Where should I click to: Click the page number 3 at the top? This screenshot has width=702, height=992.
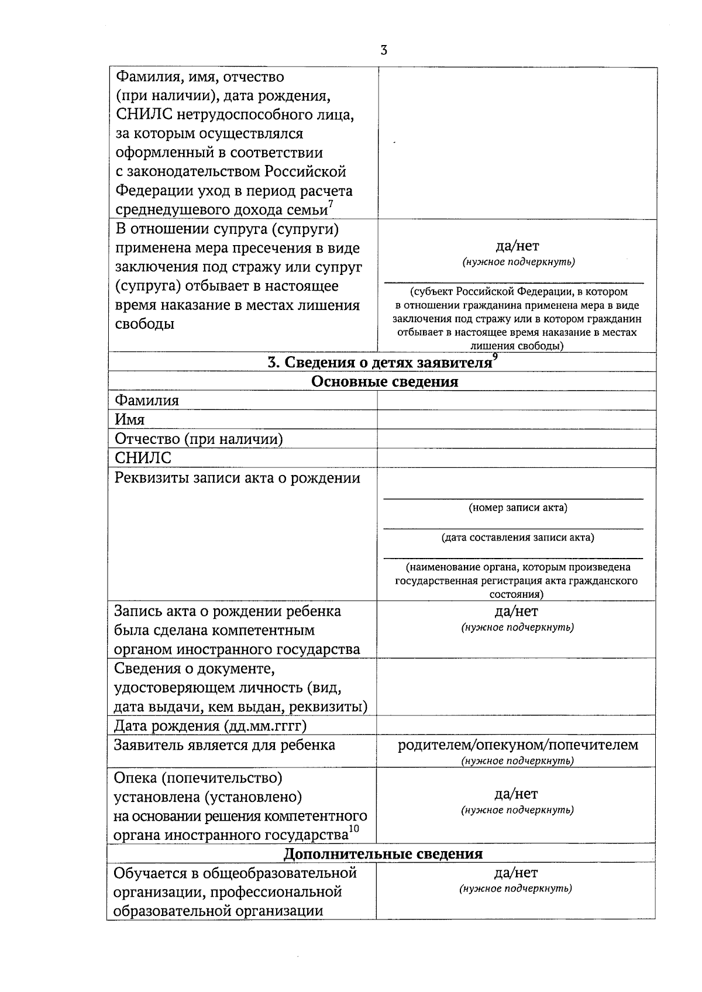point(384,50)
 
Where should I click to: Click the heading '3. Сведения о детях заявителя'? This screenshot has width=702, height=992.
point(379,363)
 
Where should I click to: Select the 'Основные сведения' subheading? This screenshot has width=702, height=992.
point(384,382)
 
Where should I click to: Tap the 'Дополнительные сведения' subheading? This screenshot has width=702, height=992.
point(383,854)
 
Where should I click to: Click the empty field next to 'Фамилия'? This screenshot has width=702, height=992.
point(516,401)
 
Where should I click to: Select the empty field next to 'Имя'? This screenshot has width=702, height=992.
point(516,419)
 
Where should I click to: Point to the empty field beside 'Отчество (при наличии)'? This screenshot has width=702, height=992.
point(516,439)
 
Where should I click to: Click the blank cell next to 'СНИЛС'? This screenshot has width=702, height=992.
point(516,457)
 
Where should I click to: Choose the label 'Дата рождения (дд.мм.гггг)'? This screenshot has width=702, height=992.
point(211,726)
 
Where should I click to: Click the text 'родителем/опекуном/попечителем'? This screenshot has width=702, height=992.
point(518,745)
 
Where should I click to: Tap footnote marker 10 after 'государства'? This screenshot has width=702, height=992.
point(354,829)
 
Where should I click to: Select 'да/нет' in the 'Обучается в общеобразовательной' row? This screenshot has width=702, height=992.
point(516,873)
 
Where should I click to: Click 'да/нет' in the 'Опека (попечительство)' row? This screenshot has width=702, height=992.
point(516,794)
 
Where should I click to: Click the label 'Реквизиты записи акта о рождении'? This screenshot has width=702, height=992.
point(238,478)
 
